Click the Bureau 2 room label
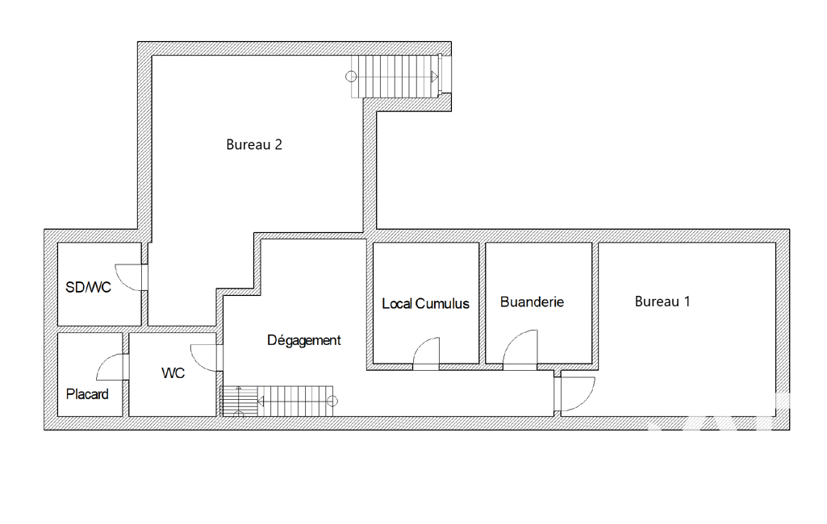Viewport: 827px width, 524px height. tap(254, 145)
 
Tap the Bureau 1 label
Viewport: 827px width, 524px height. tap(662, 302)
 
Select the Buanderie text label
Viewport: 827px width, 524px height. tap(532, 302)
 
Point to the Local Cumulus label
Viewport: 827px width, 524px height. tap(426, 304)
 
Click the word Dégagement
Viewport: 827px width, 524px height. tap(304, 340)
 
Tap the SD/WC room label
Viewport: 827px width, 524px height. tap(88, 287)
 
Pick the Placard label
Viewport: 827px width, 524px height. tap(87, 394)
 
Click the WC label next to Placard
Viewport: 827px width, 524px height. tap(173, 373)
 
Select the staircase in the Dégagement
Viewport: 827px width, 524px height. tap(278, 401)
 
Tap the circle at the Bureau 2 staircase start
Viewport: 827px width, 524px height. tap(351, 77)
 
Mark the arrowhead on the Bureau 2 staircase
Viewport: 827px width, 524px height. tap(435, 77)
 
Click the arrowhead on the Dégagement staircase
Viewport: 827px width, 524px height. tap(261, 401)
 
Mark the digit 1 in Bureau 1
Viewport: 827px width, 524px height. tap(687, 301)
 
